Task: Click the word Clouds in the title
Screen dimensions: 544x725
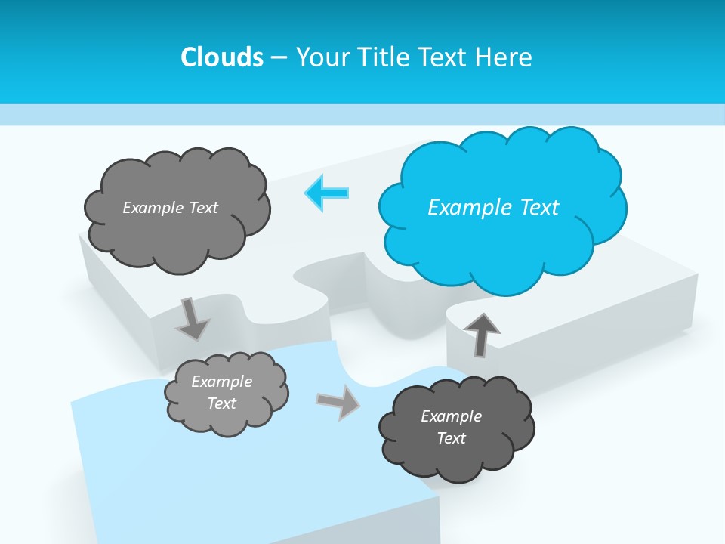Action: tap(221, 57)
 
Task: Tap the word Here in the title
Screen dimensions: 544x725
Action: tap(504, 57)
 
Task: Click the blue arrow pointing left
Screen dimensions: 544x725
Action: tap(327, 193)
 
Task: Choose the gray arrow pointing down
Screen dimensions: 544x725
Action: tap(192, 318)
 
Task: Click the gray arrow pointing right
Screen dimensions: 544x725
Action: tap(338, 402)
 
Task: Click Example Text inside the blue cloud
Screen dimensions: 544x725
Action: tap(493, 207)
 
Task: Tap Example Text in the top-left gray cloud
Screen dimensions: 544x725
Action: tap(170, 207)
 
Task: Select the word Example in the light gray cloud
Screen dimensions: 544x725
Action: tap(221, 382)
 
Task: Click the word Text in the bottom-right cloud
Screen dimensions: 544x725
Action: tap(452, 438)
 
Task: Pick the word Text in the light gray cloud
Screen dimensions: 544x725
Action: tap(221, 403)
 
